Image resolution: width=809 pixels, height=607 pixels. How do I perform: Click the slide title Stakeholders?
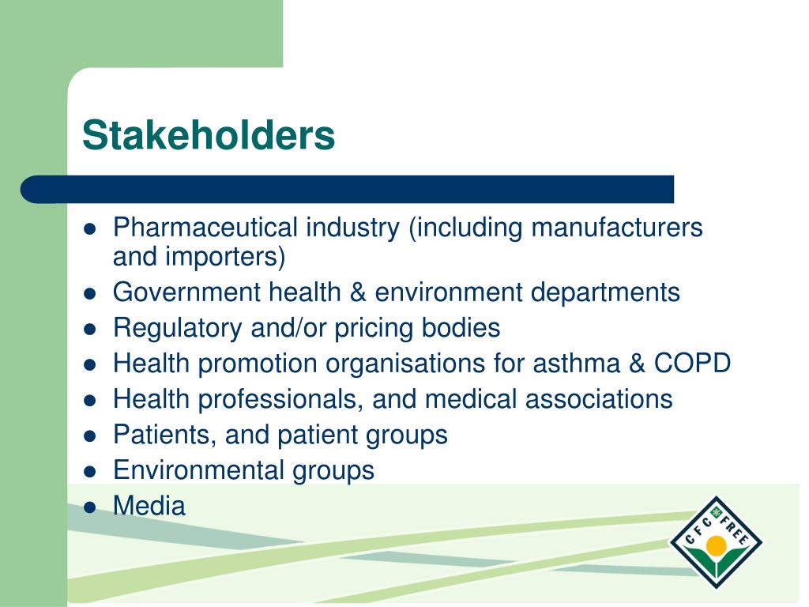(209, 135)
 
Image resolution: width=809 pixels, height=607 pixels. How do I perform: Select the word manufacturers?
(616, 228)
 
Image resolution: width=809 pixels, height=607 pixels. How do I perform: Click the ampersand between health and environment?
(359, 292)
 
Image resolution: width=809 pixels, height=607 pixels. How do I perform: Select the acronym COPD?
(692, 364)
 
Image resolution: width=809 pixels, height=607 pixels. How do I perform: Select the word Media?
(149, 506)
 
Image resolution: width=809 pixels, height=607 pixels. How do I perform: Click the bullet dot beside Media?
(90, 507)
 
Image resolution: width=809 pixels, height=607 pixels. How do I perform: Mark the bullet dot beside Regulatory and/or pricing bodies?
(90, 329)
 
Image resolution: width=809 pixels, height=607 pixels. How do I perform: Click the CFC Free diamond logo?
(716, 541)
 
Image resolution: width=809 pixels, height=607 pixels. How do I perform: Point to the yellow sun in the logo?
(716, 545)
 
